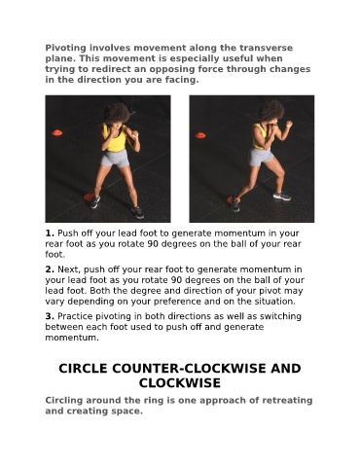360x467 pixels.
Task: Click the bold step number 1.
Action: (50, 233)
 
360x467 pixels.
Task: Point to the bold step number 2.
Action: (50, 269)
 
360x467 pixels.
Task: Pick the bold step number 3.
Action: (50, 316)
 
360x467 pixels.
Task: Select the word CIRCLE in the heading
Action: (83, 369)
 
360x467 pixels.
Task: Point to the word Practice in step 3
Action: (75, 316)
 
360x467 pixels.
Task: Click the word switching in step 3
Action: (281, 316)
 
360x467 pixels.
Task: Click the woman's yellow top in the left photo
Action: (115, 138)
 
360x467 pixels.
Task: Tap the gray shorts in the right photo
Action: (261, 157)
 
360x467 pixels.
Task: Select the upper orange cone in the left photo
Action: (57, 132)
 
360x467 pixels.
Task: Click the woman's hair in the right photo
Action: (270, 110)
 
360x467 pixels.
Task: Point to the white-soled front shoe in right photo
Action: (282, 197)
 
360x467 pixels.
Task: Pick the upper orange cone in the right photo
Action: (200, 135)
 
